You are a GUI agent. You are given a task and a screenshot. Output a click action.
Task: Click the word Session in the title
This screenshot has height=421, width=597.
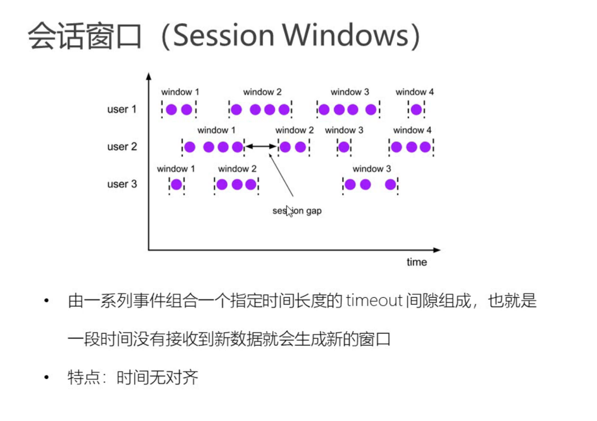[224, 35]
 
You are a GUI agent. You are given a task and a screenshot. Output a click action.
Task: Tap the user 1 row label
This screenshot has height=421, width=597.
[122, 109]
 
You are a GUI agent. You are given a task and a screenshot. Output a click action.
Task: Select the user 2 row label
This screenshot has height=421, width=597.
[122, 147]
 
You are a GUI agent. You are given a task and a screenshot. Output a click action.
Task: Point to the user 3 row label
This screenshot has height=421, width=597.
[122, 184]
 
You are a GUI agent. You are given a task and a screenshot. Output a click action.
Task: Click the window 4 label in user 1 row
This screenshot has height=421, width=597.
[415, 92]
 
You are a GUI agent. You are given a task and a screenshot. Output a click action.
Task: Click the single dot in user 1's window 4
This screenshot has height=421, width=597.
[416, 110]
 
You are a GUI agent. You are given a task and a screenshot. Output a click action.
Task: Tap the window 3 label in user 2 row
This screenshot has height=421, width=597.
[344, 130]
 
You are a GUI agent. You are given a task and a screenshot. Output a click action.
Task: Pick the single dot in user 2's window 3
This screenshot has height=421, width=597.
[344, 147]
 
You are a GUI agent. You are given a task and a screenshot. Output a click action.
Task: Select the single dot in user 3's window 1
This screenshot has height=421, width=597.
[177, 184]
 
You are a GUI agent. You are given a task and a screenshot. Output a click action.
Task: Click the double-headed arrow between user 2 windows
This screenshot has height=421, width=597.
[261, 146]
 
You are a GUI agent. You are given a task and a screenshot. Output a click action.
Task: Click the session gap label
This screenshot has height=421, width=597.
[297, 211]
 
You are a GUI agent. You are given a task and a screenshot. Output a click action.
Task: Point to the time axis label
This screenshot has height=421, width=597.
[417, 262]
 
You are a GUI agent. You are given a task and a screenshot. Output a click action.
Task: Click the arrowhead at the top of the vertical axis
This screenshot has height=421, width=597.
[149, 76]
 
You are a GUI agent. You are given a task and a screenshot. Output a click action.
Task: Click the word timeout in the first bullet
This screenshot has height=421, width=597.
[374, 300]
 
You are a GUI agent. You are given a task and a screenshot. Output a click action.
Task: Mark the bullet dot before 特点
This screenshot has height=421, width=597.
[47, 377]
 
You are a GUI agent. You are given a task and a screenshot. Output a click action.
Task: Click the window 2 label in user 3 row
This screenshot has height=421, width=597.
[237, 169]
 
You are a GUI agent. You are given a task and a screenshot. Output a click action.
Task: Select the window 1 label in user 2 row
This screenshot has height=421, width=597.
[216, 130]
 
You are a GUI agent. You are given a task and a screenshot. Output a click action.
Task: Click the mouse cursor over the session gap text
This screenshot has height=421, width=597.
[289, 211]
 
